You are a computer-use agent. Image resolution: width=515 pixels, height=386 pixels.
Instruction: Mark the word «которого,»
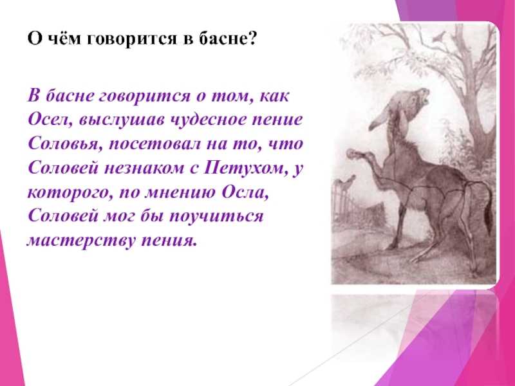(x=68, y=193)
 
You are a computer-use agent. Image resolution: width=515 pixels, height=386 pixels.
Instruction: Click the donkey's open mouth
(x=426, y=97)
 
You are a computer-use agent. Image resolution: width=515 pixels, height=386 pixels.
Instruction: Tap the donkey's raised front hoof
(x=353, y=153)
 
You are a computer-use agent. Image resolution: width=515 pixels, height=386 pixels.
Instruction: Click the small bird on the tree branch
(x=438, y=37)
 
